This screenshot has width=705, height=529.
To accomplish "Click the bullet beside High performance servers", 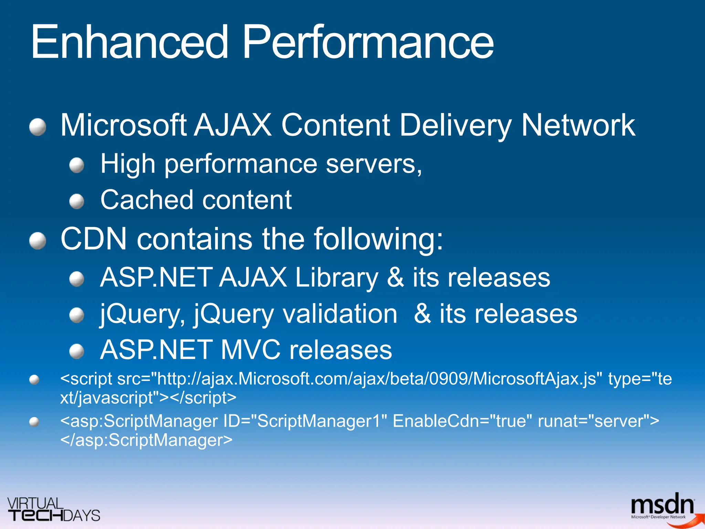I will click(x=76, y=165).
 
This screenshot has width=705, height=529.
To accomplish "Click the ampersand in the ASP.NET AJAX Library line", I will click(x=395, y=278).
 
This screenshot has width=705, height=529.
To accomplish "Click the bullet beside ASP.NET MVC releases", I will click(x=76, y=351).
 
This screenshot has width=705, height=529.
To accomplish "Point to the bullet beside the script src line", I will click(x=34, y=380).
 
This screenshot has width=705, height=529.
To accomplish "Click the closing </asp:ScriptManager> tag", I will click(x=146, y=440).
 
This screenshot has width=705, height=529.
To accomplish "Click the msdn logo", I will click(x=663, y=507).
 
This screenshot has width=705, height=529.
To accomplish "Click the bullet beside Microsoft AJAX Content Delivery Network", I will click(x=38, y=127).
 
